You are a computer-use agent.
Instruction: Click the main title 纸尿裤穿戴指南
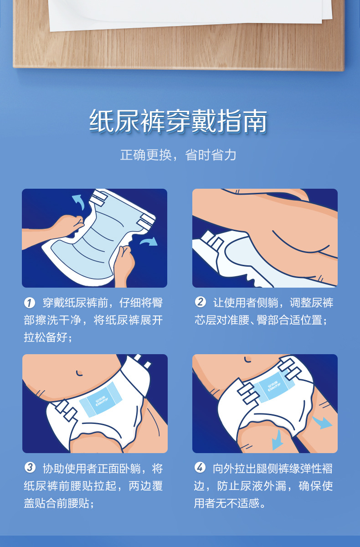click(x=178, y=121)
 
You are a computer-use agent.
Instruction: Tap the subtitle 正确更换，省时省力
click(x=178, y=155)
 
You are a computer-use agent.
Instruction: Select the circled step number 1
click(x=29, y=303)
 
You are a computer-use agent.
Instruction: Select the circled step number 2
click(x=200, y=302)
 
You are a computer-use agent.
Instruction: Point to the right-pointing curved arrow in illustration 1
click(x=149, y=241)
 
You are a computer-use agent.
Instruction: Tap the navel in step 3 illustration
click(x=79, y=373)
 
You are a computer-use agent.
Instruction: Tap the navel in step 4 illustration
click(x=247, y=360)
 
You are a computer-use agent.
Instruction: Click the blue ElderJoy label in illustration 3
click(x=101, y=399)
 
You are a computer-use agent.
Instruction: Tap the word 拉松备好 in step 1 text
click(x=46, y=338)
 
